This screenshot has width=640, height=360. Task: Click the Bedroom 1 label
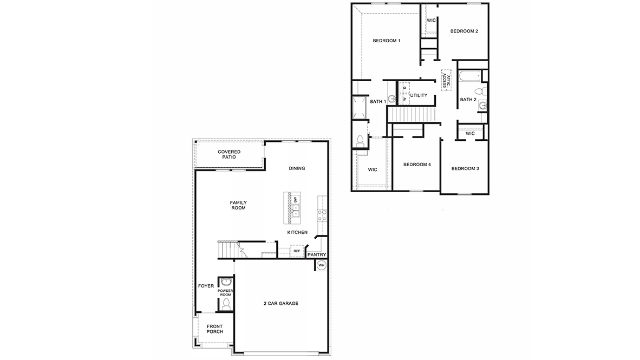387,41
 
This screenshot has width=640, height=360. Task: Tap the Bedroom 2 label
464,31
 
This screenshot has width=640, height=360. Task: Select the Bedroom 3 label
465,168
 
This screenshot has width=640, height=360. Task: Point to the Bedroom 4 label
417,165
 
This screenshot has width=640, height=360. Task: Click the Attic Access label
445,80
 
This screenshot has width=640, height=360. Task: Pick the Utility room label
419,96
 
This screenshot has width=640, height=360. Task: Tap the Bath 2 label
468,100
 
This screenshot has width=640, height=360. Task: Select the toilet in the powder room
226,304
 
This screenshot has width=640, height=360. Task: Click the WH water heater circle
321,265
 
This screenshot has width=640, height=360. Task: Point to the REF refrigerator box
297,251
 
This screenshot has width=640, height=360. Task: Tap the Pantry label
316,254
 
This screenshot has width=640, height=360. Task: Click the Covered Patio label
229,154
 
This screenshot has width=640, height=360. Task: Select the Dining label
297,168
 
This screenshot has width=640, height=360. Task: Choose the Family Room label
238,205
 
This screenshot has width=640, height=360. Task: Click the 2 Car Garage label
280,303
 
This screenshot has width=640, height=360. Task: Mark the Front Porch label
214,328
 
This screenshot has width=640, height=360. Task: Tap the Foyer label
206,286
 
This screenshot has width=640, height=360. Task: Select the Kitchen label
297,232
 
